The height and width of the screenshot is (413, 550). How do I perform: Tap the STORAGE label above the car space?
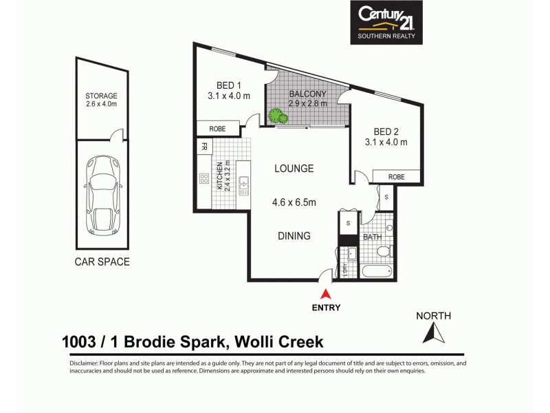click(101, 96)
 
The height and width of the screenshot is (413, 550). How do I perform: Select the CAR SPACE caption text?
click(102, 262)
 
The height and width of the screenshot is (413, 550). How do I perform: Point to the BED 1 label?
click(228, 86)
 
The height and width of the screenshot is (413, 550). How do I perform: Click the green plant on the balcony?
click(277, 117)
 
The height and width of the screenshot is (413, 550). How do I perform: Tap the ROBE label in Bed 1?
click(217, 128)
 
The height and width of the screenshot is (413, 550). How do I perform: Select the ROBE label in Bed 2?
click(396, 177)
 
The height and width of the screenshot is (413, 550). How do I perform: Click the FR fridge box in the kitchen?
click(204, 146)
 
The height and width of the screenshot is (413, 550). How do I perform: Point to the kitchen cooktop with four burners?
click(204, 179)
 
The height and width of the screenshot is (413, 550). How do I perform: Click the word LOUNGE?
click(294, 169)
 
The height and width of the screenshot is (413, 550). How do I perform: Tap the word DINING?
click(293, 236)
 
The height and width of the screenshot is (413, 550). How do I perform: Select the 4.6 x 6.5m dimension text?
click(294, 202)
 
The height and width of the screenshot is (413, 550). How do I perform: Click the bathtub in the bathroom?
click(375, 271)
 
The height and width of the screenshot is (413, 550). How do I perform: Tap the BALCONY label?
click(307, 94)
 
